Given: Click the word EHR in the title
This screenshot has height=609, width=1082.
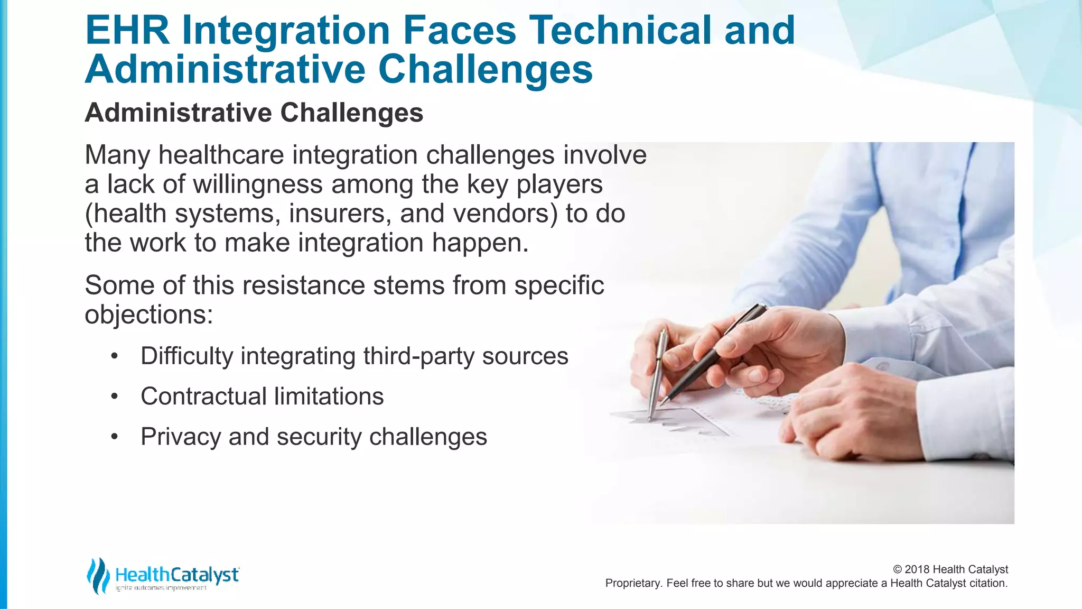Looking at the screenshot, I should pyautogui.click(x=127, y=30).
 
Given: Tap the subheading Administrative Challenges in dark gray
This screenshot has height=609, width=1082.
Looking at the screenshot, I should pyautogui.click(x=254, y=113).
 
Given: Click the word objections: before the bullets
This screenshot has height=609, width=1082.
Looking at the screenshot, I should pyautogui.click(x=148, y=315).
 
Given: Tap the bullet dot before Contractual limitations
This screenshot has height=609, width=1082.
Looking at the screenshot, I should pyautogui.click(x=114, y=396).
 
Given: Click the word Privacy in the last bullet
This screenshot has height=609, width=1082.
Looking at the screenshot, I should pyautogui.click(x=180, y=437).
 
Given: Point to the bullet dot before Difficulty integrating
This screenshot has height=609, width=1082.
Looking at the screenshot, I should pyautogui.click(x=114, y=356).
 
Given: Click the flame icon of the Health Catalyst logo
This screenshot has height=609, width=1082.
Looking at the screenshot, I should pyautogui.click(x=98, y=575).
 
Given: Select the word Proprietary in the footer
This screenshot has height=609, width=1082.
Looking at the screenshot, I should pyautogui.click(x=632, y=583).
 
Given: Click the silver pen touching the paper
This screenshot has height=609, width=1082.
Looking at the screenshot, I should pyautogui.click(x=656, y=375).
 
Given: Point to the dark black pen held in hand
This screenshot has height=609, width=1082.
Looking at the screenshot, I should pyautogui.click(x=713, y=354).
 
